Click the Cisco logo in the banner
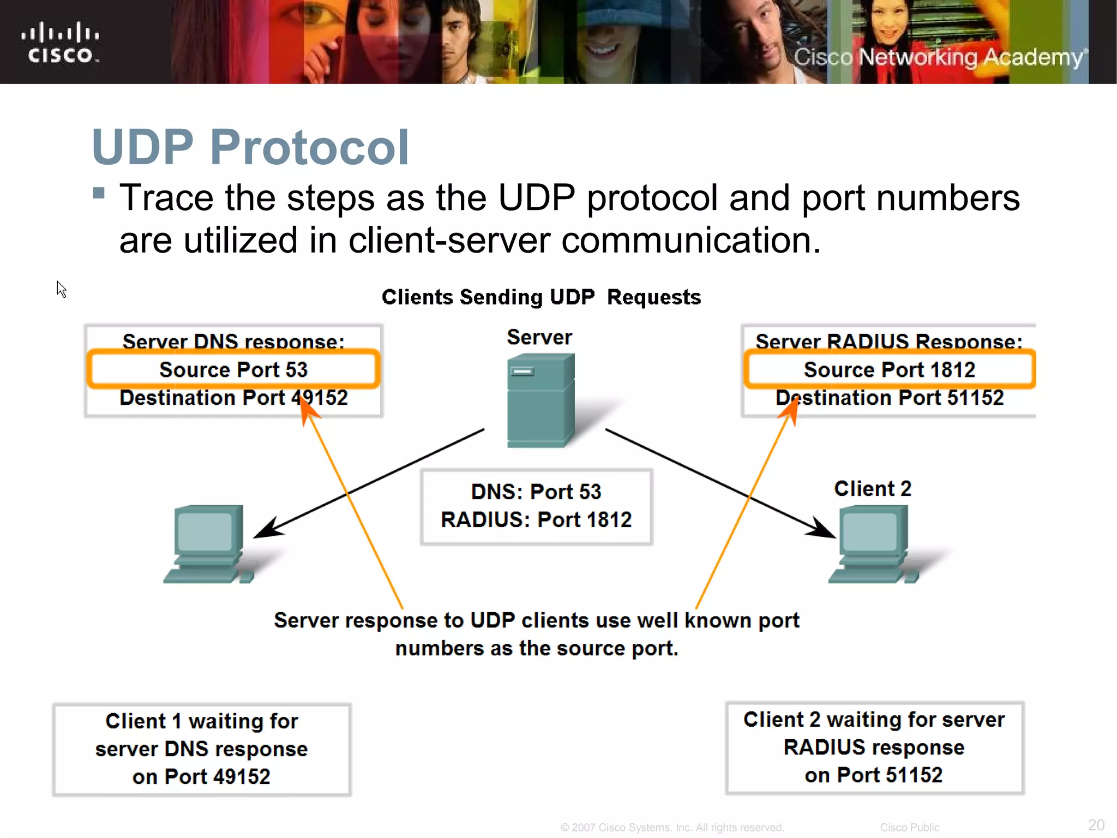tap(60, 43)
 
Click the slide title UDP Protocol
tap(250, 147)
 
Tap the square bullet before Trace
tap(99, 193)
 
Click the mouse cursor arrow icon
tap(61, 289)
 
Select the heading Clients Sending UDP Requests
tap(541, 297)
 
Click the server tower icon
tap(540, 400)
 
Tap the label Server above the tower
tap(539, 337)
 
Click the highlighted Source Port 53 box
tap(233, 369)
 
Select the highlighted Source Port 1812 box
tap(889, 369)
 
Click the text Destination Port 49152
tap(233, 398)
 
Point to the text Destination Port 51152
tap(889, 398)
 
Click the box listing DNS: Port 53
tap(536, 506)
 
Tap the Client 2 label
tap(872, 488)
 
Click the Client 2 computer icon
tap(873, 543)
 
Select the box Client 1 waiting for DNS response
tap(202, 749)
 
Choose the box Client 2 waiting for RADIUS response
tap(874, 747)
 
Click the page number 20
tap(1096, 824)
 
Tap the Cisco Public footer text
tap(909, 828)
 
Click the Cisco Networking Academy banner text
tap(939, 57)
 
